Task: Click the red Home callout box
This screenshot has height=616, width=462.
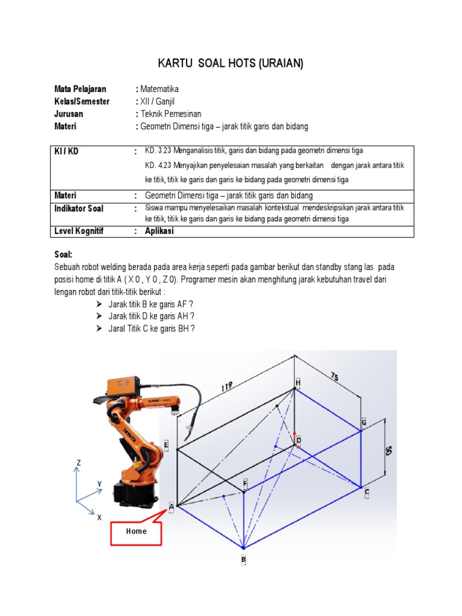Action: pos(136,531)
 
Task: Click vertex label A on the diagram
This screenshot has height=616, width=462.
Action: pos(171,507)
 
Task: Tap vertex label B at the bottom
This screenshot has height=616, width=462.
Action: pos(244,559)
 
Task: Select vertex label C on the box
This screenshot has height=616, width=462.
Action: pos(366,492)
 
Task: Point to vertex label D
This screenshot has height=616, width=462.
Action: pos(298,441)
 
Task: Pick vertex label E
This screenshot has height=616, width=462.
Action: pos(165,445)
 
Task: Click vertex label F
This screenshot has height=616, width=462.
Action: pos(245,483)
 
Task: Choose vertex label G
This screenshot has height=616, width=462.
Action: pos(363,423)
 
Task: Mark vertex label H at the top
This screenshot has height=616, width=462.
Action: pos(297,382)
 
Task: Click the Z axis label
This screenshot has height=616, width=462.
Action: pos(78,463)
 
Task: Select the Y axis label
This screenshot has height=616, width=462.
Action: pos(100,484)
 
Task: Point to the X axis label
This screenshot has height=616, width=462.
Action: pos(99,517)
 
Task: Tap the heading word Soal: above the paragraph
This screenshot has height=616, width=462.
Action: pos(63,254)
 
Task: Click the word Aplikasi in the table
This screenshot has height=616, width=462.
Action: pos(159,231)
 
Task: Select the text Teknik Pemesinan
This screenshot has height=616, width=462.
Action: pos(171,114)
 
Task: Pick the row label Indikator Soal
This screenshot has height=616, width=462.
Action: pos(79,208)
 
